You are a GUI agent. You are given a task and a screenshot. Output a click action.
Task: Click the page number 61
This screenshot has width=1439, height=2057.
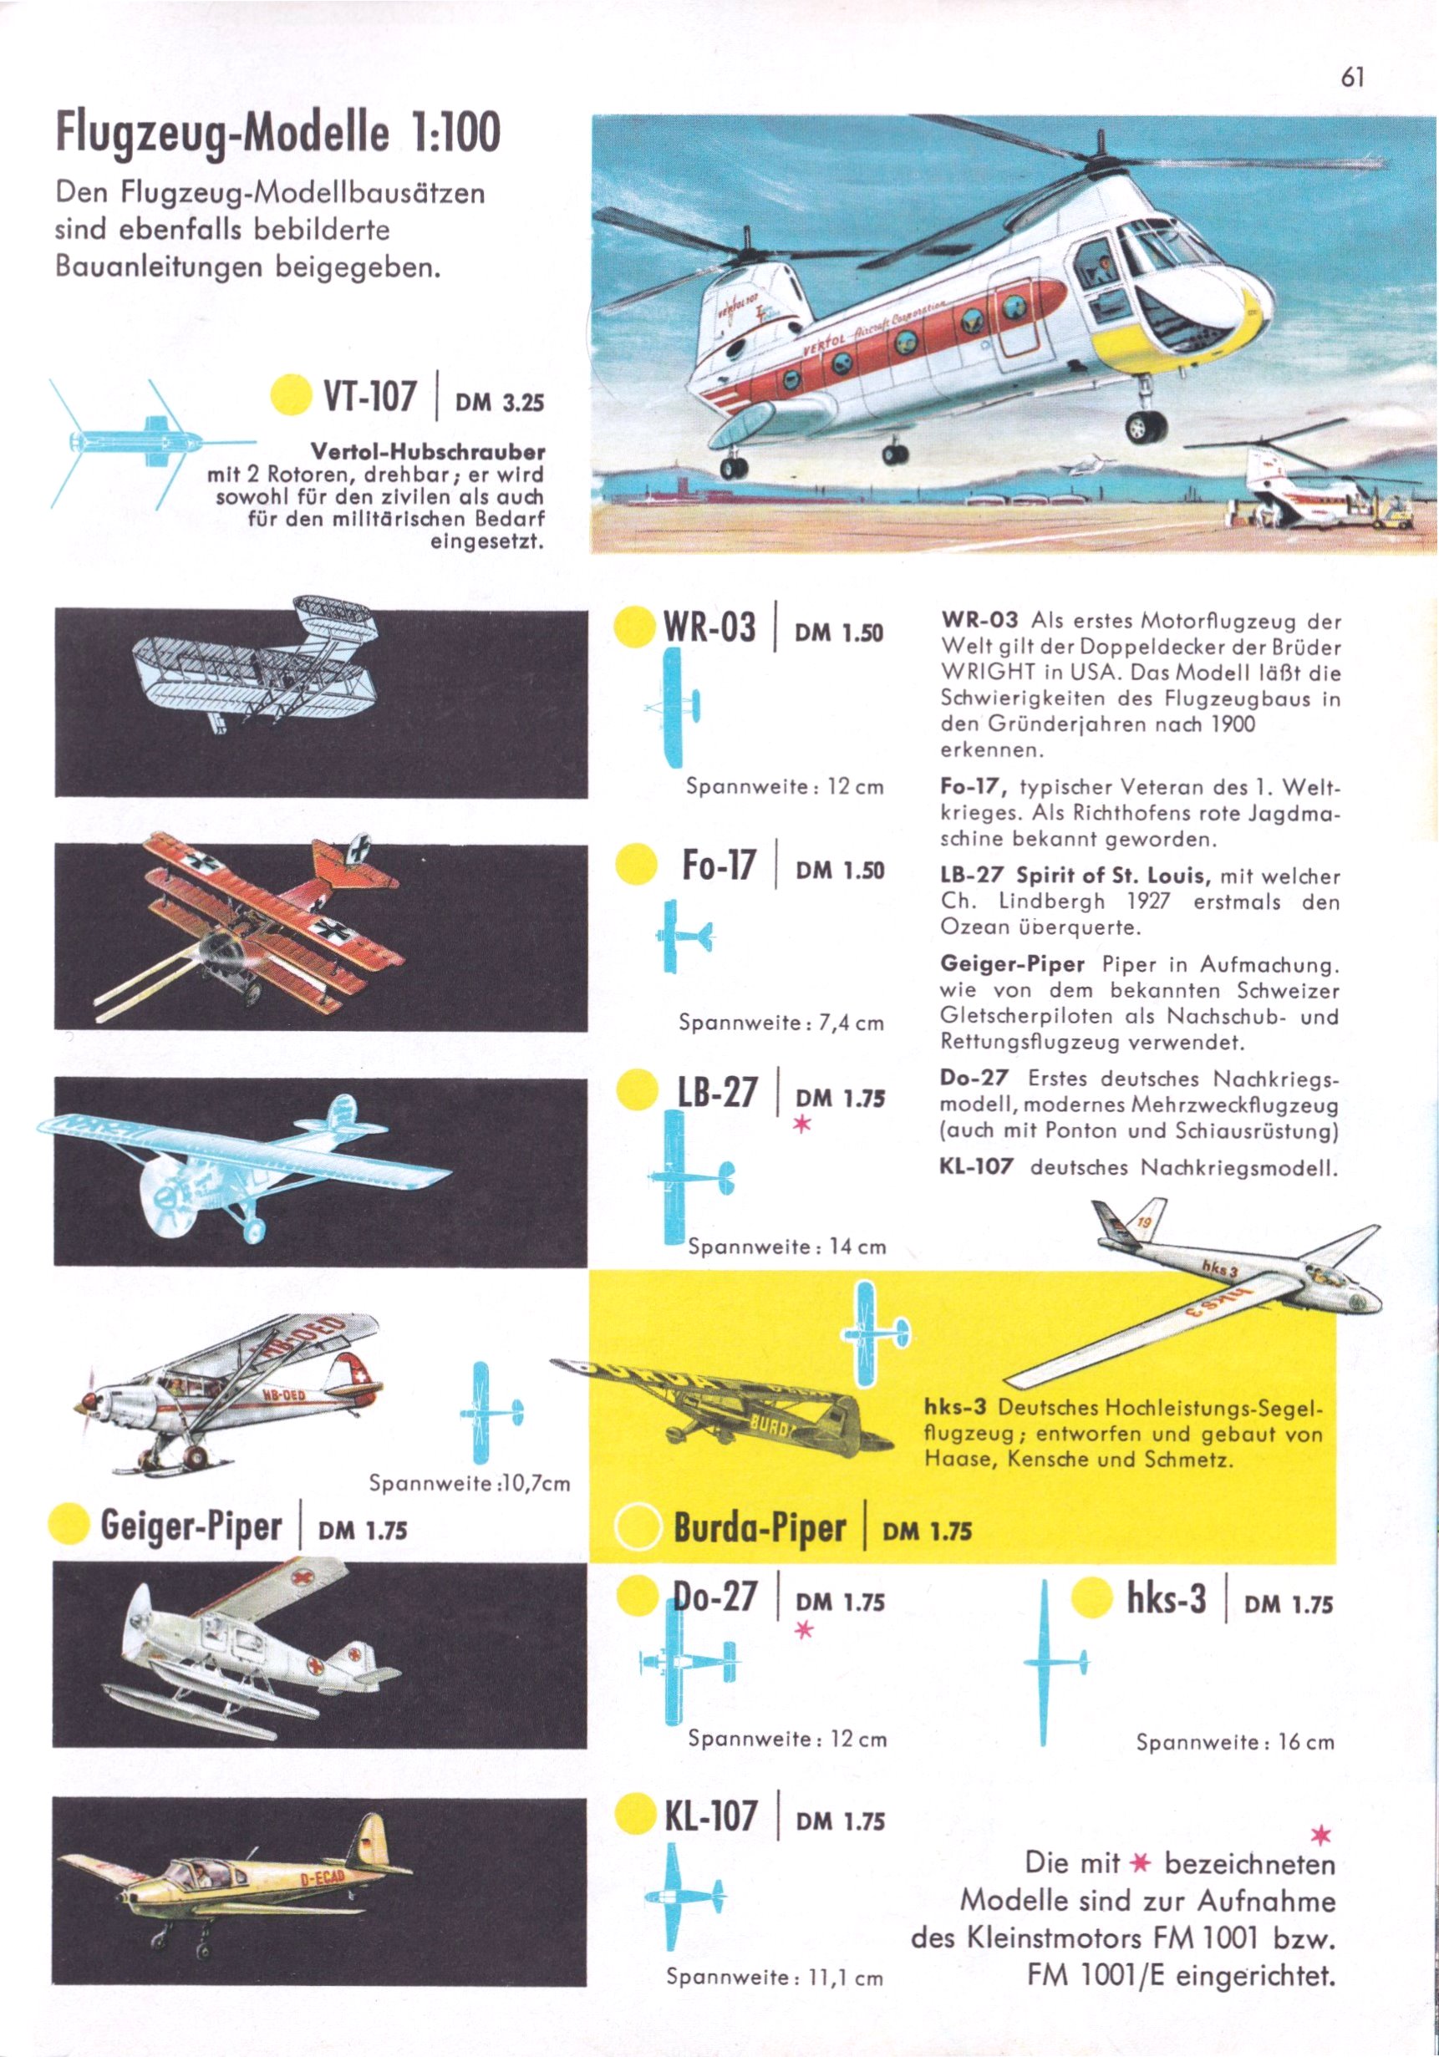(x=1352, y=78)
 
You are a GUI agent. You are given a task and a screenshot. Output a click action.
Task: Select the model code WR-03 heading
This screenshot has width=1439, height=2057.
(x=709, y=627)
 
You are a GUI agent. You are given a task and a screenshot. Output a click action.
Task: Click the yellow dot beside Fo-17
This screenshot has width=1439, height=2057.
(x=638, y=865)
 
